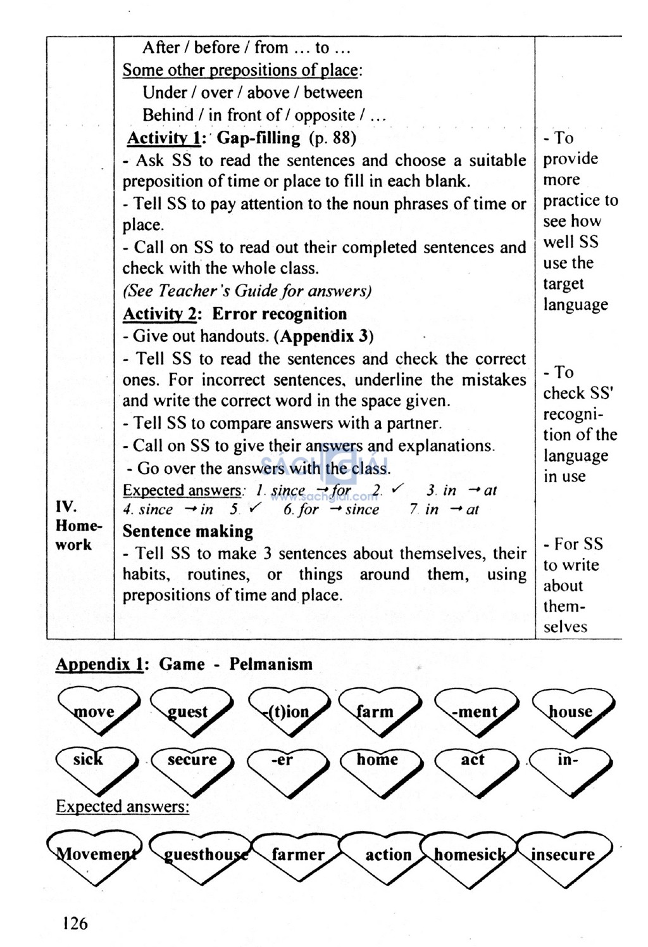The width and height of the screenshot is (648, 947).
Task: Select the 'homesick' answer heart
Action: click(470, 855)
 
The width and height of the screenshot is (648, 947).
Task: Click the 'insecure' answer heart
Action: click(563, 855)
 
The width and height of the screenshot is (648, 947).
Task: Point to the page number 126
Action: click(75, 923)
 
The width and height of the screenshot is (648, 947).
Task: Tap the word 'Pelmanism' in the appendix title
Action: click(271, 664)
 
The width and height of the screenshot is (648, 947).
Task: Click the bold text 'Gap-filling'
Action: click(259, 137)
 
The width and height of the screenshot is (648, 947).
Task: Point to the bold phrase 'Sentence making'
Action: click(188, 531)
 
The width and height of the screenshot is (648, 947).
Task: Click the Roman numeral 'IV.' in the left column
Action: click(66, 506)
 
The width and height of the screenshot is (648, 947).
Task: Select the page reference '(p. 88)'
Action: click(333, 137)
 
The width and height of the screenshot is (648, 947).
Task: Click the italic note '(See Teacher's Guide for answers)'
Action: click(247, 291)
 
